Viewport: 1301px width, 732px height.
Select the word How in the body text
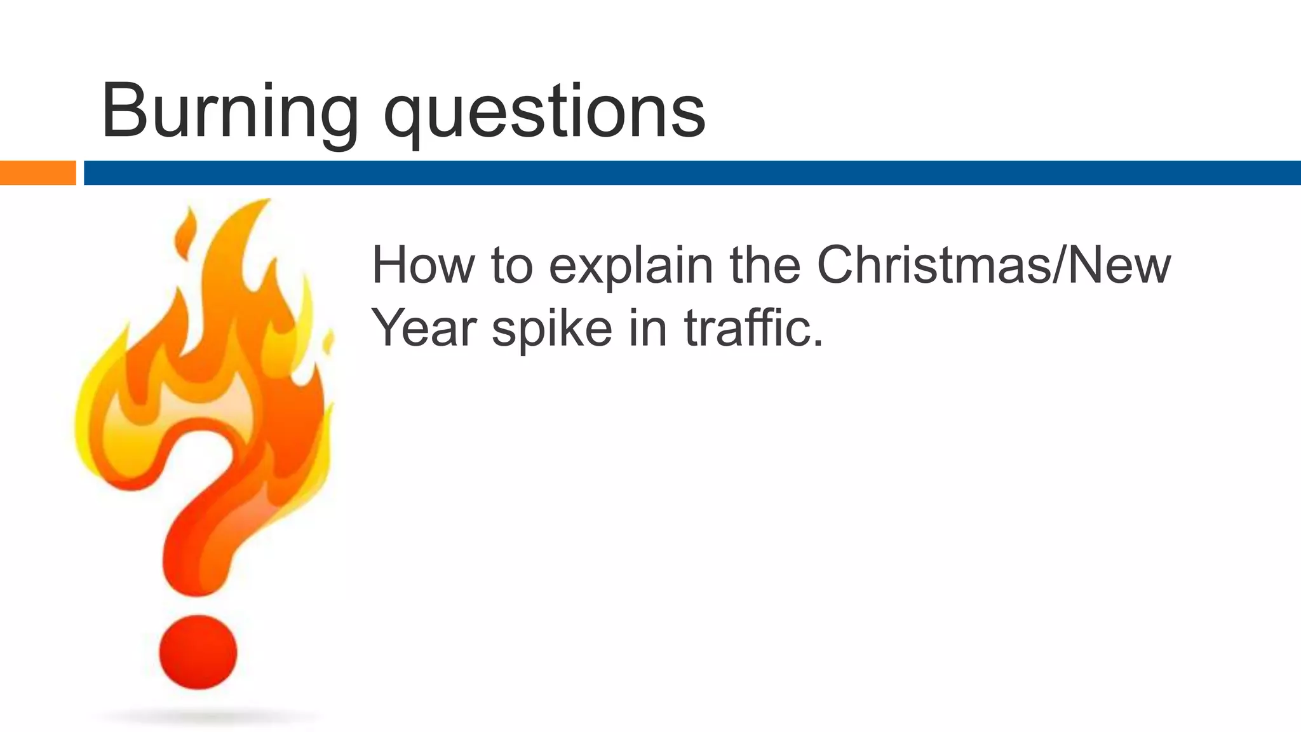coord(422,265)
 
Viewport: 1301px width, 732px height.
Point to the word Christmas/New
coord(994,265)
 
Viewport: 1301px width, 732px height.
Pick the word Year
coord(423,328)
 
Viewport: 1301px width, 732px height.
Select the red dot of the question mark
coord(198,652)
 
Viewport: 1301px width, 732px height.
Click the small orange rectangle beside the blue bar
coord(37,173)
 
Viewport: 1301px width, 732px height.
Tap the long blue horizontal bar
coord(692,173)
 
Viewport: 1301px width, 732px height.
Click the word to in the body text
coord(511,266)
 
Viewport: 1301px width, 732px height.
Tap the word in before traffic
coord(648,328)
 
